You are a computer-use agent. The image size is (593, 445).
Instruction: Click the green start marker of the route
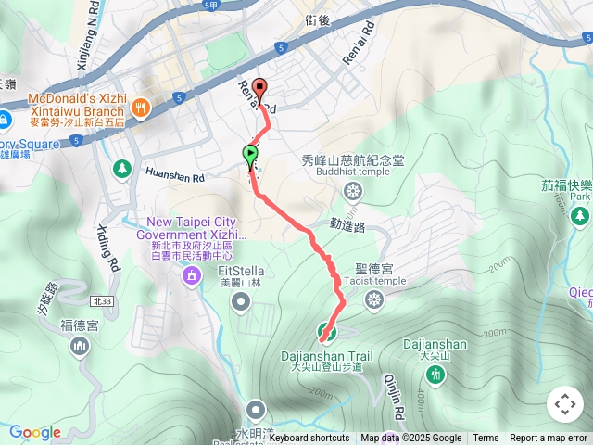coord(250,154)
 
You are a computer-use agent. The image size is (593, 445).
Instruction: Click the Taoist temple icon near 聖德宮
coord(373,299)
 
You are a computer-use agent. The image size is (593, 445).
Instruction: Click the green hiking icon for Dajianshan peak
coord(435,374)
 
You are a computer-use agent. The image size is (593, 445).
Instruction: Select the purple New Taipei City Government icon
coord(192,274)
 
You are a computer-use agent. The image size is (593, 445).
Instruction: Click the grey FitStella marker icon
coord(242,300)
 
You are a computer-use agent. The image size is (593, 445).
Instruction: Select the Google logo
coord(35,433)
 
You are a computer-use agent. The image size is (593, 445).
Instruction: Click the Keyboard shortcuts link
coord(309,439)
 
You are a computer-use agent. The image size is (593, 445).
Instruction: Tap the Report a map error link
coord(548,439)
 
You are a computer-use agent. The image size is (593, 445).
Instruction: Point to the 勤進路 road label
coord(347,225)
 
